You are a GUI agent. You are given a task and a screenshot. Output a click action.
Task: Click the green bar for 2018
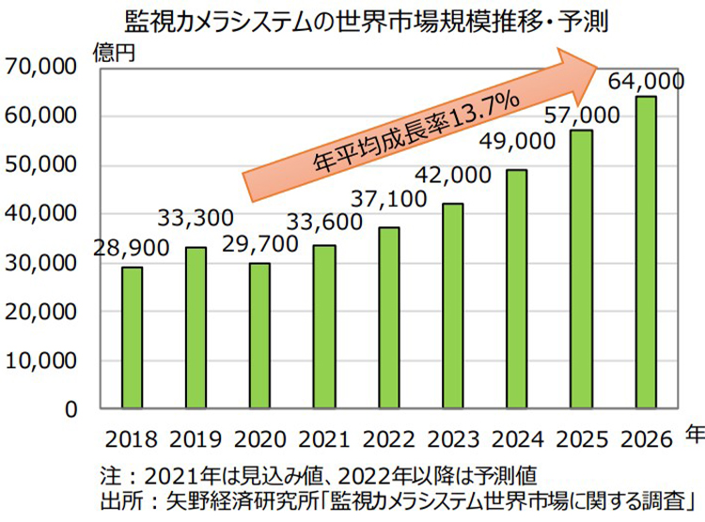[x=132, y=338]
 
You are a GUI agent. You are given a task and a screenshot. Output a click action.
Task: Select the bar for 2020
[x=259, y=336]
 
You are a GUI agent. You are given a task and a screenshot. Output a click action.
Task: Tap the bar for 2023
[x=452, y=306]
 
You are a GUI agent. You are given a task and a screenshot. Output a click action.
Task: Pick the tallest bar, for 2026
[x=646, y=253]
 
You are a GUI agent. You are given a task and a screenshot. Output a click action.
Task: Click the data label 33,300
[x=196, y=222]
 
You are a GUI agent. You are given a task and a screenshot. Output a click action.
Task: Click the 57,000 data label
[x=580, y=115]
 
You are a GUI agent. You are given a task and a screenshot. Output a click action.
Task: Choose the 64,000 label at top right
[x=645, y=81]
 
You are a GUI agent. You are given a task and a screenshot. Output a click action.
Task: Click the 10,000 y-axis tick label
[x=39, y=361]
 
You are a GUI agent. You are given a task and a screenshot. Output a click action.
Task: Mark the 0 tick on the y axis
[x=70, y=409]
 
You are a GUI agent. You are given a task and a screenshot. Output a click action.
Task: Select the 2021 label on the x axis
[x=324, y=438]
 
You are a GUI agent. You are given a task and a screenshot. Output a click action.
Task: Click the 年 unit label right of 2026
[x=693, y=434]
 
